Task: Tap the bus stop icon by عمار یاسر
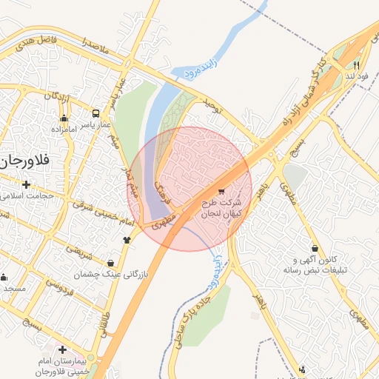coord(95,113)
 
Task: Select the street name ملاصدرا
coord(96,47)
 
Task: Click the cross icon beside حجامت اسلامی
coord(27,184)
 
